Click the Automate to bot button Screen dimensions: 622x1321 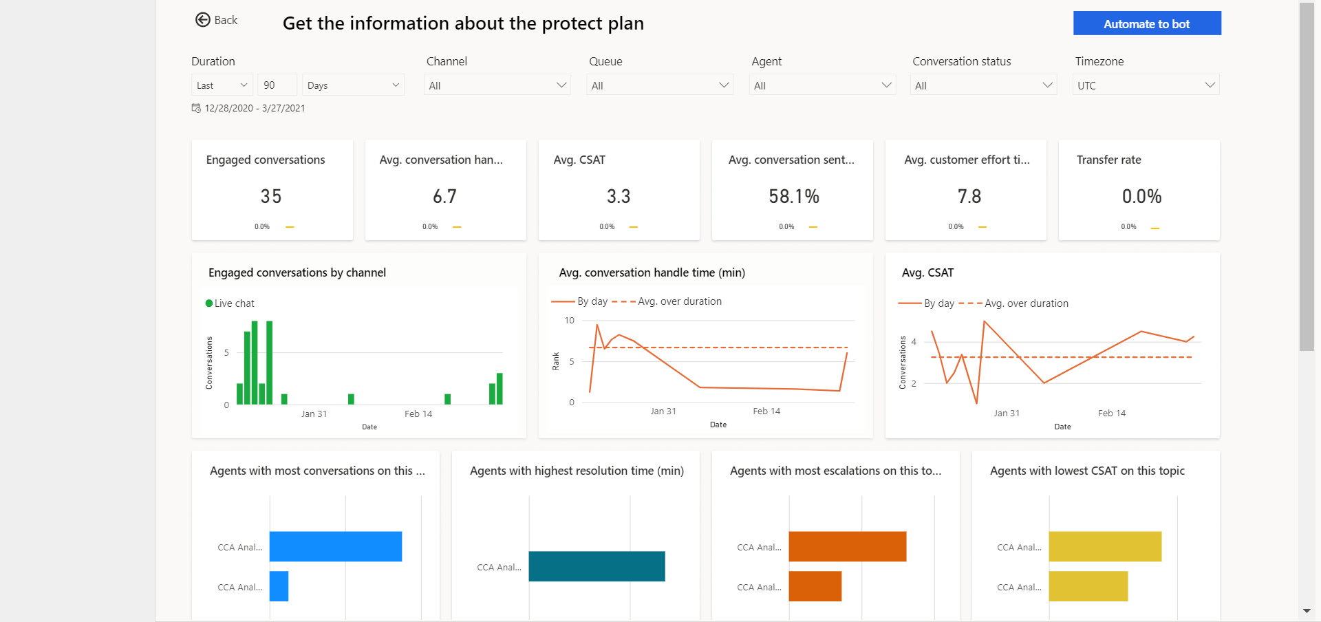pos(1147,23)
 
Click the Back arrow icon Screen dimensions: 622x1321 pos(202,20)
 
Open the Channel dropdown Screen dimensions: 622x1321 pos(497,85)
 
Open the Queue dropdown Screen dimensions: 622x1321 pos(660,85)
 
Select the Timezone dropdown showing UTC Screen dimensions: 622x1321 pos(1146,85)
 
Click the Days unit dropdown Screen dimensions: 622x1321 pos(353,85)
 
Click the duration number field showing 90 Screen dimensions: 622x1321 pos(277,85)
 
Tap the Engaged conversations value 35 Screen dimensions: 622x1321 pos(271,197)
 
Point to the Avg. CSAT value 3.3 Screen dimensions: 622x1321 pos(619,197)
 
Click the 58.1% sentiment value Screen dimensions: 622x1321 pos(794,197)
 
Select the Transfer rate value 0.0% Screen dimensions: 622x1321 pos(1141,197)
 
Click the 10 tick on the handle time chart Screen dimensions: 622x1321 pos(570,321)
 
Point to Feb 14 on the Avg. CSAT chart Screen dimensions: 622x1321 pos(1111,414)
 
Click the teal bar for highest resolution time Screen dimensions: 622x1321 pos(597,566)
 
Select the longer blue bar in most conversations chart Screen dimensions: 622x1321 pos(336,546)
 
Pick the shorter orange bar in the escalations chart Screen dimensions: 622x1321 pos(815,586)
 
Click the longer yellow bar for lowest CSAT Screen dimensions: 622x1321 pos(1105,546)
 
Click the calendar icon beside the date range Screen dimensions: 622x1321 pos(196,108)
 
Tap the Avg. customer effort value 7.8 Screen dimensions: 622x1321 pos(969,197)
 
